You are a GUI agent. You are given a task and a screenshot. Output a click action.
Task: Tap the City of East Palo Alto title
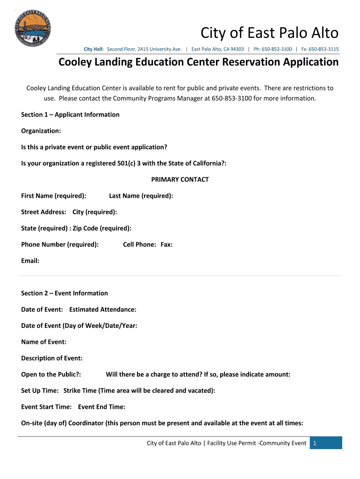[269, 33]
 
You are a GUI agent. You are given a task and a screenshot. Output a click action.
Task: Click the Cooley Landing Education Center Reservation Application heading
[198, 62]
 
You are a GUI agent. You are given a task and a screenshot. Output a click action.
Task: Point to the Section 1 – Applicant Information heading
[70, 115]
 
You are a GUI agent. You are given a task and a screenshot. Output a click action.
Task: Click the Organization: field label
[41, 131]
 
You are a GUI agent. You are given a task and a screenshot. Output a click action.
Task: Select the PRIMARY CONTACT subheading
[180, 180]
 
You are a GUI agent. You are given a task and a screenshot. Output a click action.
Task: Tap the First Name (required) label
[53, 196]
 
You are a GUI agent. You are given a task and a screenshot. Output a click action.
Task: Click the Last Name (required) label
[141, 196]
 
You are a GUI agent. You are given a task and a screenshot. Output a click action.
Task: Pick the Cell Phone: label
[139, 245]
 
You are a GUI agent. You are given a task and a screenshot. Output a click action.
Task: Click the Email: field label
[30, 261]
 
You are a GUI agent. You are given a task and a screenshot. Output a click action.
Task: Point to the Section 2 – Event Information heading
[65, 293]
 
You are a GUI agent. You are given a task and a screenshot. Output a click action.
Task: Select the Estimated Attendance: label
[103, 310]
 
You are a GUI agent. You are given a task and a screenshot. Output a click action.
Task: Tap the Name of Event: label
[43, 342]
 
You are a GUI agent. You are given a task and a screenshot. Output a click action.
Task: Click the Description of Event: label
[52, 358]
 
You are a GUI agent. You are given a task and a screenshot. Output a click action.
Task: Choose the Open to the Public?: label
[51, 375]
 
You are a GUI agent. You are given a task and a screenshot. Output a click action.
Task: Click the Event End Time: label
[101, 407]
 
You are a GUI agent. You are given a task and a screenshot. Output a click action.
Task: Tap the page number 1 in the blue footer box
[316, 443]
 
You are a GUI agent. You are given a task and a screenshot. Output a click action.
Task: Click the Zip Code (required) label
[102, 228]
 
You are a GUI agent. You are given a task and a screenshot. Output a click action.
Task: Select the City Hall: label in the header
[94, 49]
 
